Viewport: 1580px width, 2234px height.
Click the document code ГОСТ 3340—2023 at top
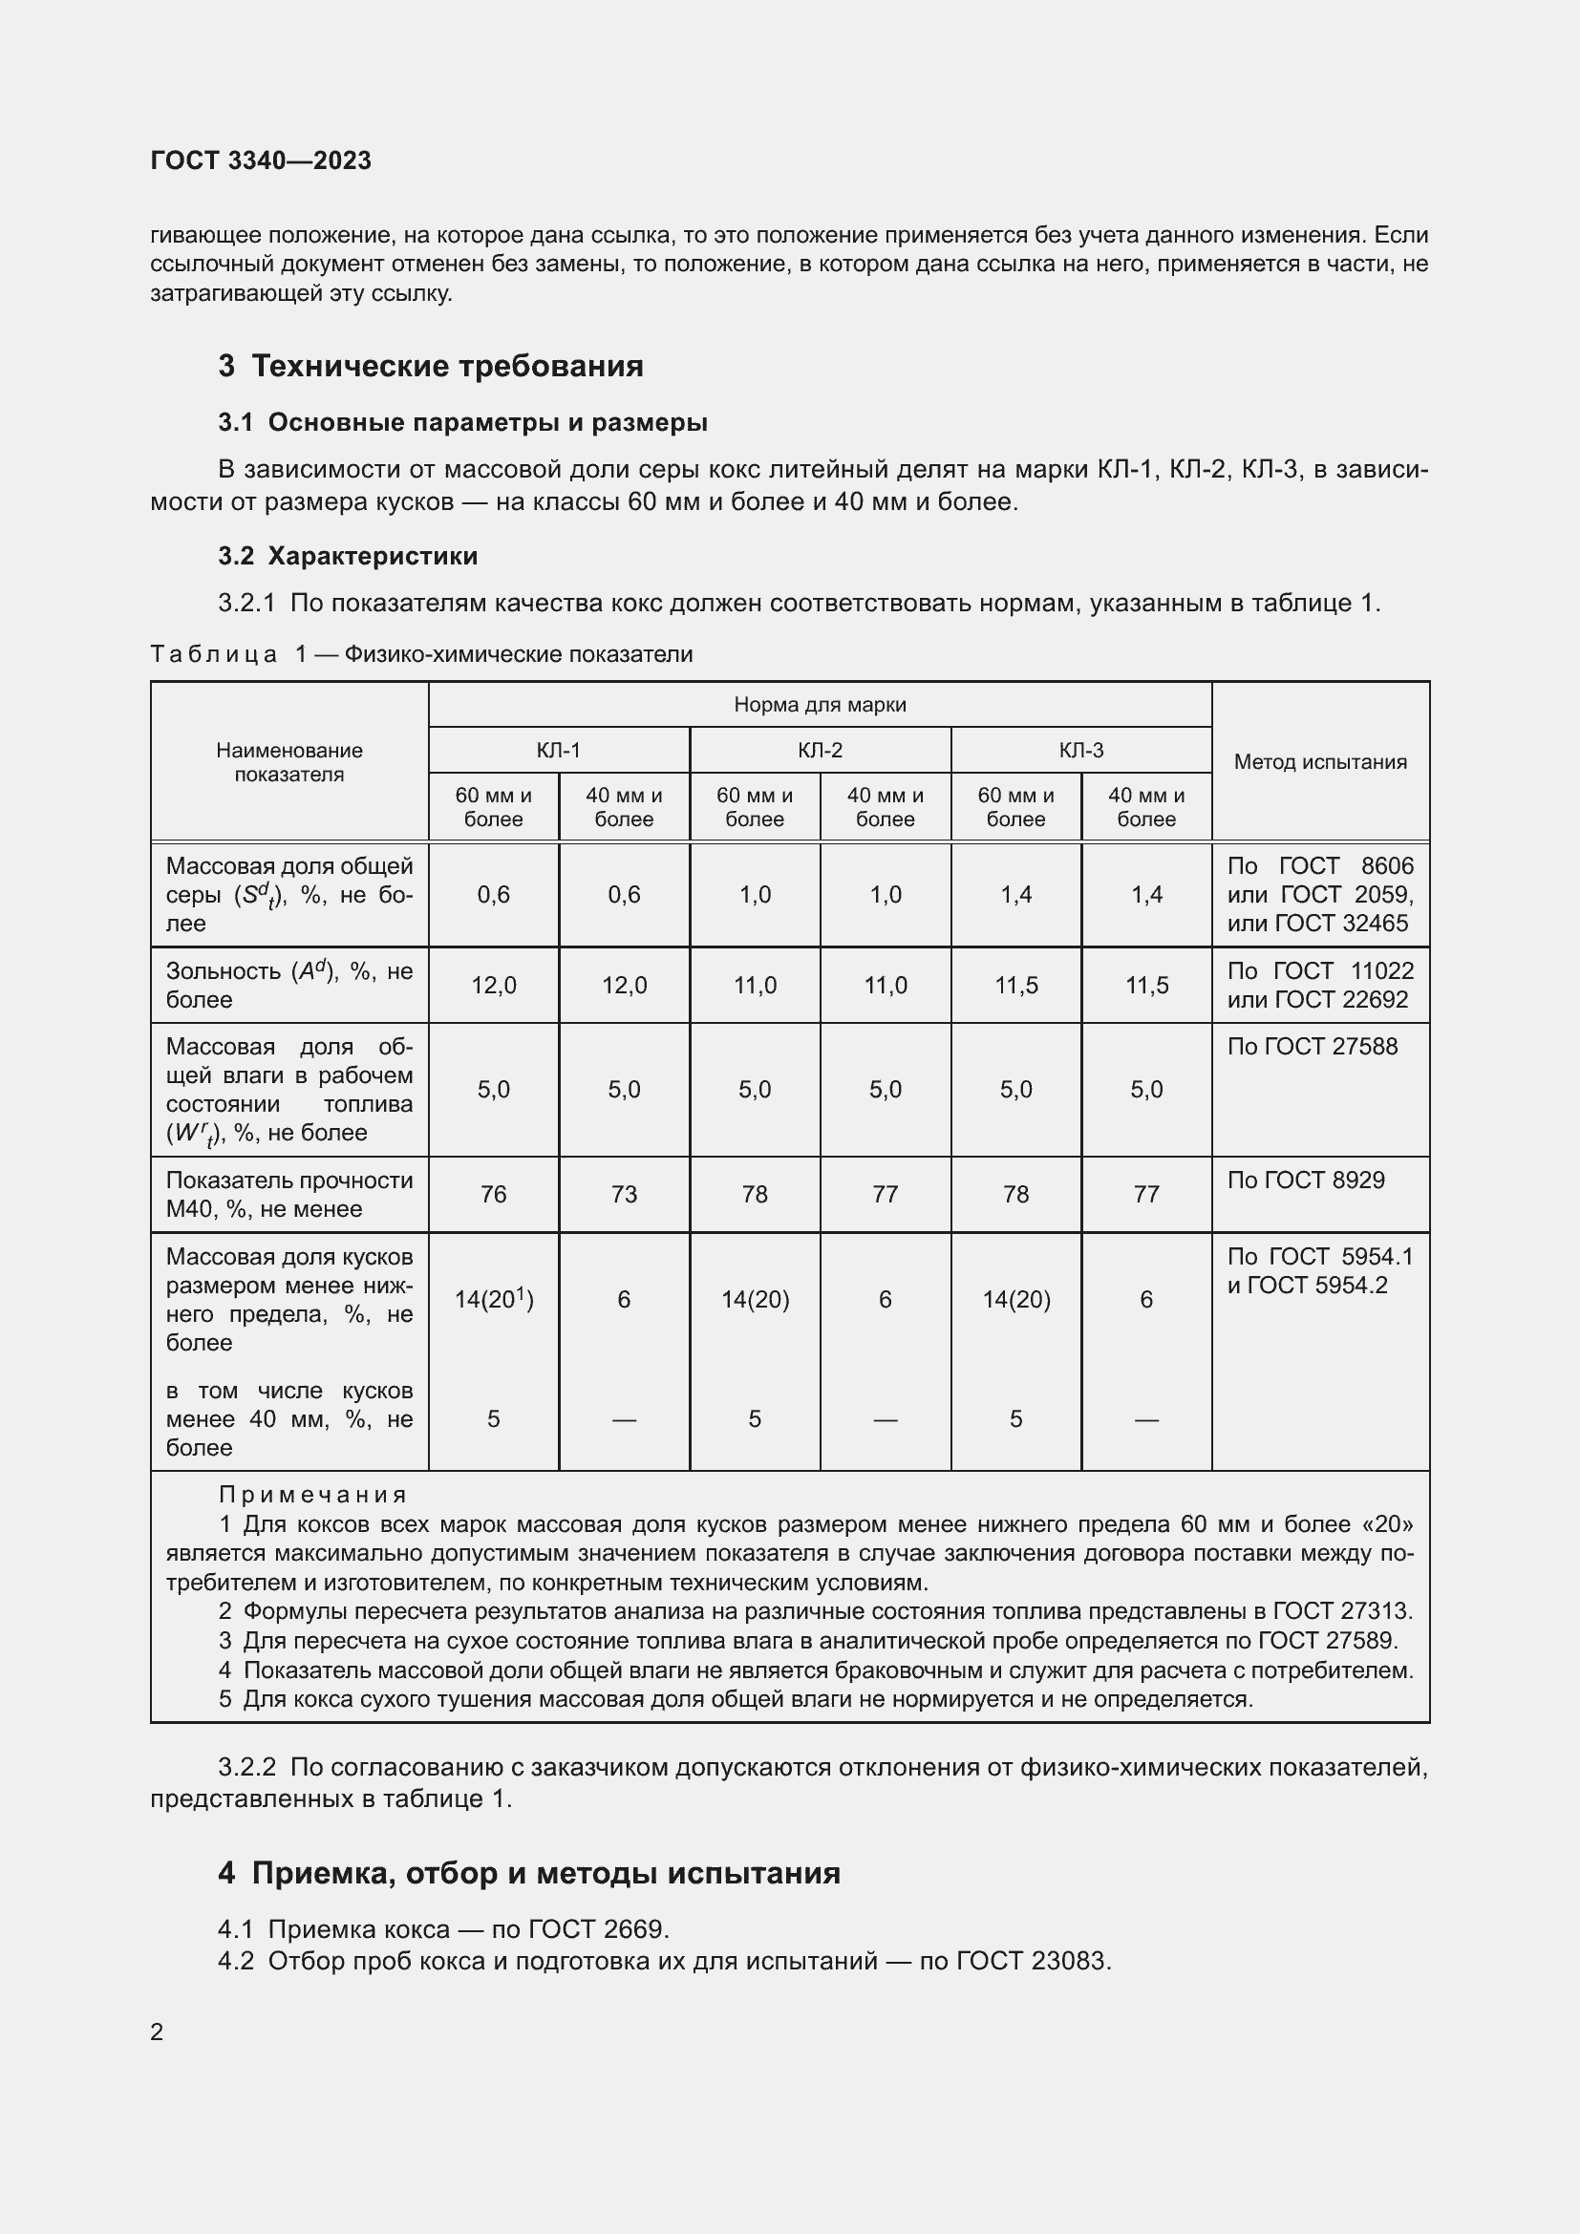point(261,160)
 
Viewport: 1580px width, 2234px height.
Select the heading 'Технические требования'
point(446,366)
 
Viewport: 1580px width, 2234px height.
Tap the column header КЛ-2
point(820,750)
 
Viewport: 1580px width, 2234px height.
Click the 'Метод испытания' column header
point(1319,762)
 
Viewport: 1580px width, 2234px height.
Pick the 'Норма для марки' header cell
point(820,705)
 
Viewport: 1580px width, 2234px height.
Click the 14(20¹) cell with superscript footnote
point(493,1299)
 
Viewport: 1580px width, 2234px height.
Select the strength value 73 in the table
point(624,1194)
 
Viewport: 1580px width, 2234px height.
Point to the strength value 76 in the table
point(493,1194)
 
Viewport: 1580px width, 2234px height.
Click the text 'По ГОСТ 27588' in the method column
point(1312,1047)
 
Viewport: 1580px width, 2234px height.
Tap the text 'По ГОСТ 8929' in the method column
point(1305,1181)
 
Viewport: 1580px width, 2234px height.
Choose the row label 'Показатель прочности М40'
point(288,1195)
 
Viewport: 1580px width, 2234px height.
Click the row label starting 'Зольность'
point(288,985)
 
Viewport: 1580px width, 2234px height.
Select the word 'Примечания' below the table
point(312,1495)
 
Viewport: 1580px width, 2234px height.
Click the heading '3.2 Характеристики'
point(348,557)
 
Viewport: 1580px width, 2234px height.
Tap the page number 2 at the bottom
point(157,2032)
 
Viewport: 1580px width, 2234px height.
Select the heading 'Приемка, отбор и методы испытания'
point(544,1873)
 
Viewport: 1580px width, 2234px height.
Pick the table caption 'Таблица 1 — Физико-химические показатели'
point(421,654)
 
